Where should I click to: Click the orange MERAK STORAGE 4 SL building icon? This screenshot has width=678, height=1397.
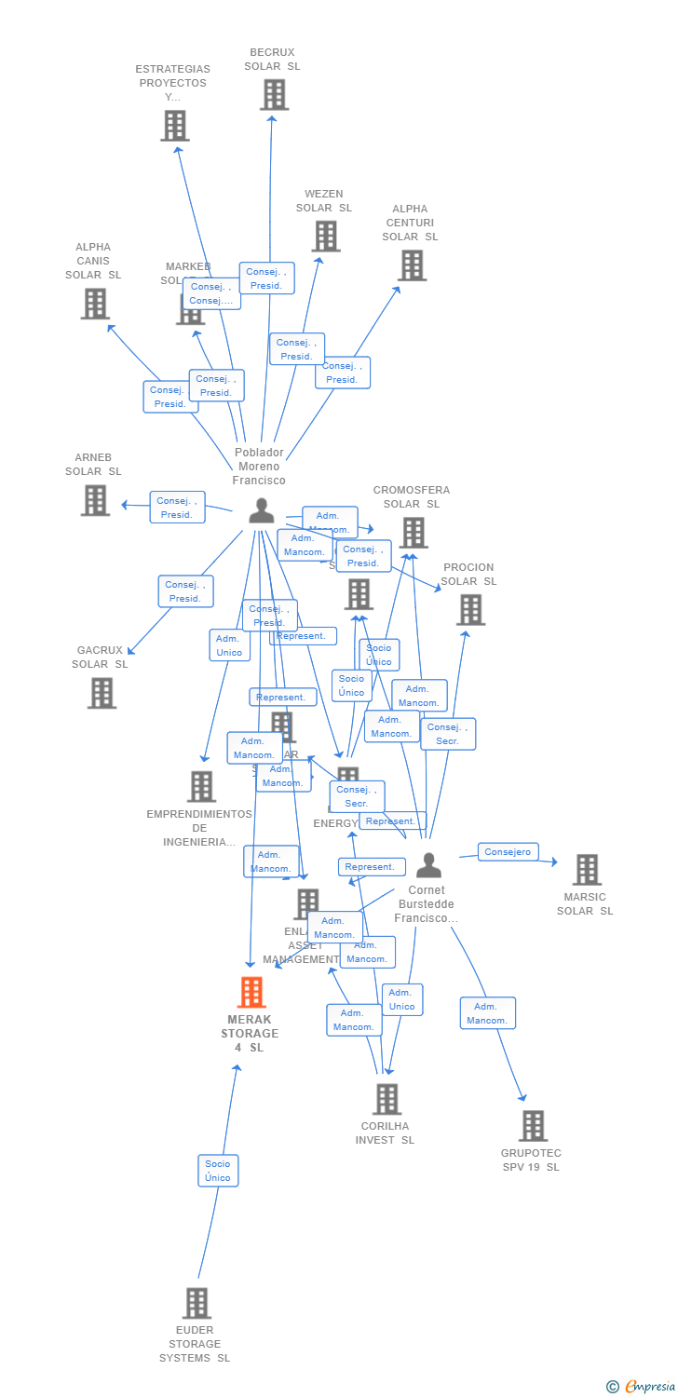(x=251, y=993)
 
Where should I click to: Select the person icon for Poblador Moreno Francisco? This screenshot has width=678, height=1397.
(x=262, y=511)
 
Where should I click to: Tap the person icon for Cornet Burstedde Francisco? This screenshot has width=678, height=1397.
(x=428, y=866)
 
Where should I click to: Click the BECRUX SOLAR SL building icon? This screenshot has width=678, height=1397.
(x=274, y=95)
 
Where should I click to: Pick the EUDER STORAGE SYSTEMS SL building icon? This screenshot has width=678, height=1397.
(x=197, y=1303)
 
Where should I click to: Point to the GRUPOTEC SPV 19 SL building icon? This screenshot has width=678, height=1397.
(x=533, y=1126)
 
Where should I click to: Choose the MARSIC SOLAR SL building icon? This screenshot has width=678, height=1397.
(x=587, y=870)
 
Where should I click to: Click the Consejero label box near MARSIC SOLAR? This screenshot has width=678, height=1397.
(x=508, y=852)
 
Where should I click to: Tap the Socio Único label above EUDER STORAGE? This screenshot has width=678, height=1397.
(x=218, y=1171)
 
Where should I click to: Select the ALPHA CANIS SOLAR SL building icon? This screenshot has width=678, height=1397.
(x=95, y=304)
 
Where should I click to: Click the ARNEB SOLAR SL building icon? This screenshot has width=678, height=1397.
(x=95, y=500)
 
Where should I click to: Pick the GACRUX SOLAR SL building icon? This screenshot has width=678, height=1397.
(x=102, y=693)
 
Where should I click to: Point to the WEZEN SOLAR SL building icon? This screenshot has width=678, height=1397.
(x=326, y=237)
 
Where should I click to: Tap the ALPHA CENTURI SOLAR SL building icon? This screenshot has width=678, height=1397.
(x=412, y=265)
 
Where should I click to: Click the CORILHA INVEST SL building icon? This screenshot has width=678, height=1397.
(x=386, y=1099)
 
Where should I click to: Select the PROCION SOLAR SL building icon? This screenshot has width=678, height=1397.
(x=471, y=610)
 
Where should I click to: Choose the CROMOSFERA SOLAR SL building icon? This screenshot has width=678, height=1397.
(x=414, y=533)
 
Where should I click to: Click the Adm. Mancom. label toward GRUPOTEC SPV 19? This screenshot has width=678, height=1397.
(x=488, y=1013)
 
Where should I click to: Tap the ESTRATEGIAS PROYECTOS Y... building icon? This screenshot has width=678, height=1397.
(x=175, y=126)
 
